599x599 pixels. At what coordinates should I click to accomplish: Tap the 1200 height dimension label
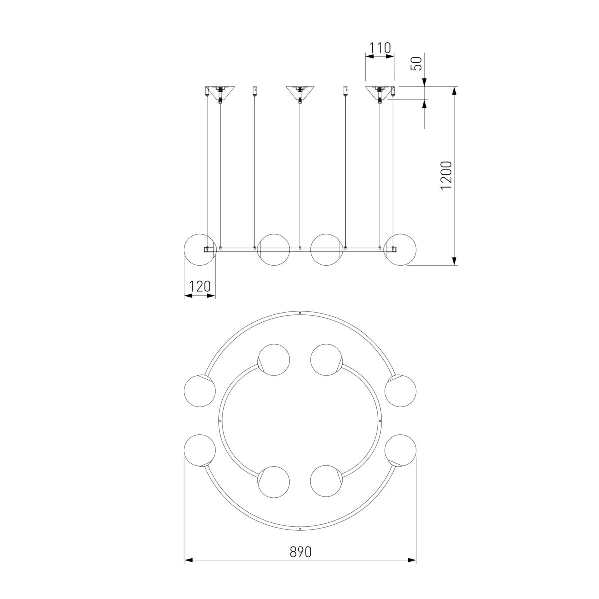[x=446, y=175]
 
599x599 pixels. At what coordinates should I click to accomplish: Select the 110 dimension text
[x=380, y=48]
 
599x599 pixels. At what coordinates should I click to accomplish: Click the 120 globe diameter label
[x=200, y=286]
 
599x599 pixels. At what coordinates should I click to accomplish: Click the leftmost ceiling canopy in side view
[x=220, y=93]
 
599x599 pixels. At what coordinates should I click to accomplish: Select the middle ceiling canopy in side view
[x=300, y=93]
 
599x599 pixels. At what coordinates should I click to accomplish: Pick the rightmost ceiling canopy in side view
[x=380, y=93]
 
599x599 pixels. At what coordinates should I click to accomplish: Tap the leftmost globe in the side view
[x=200, y=249]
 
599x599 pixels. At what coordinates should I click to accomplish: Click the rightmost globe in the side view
[x=400, y=249]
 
